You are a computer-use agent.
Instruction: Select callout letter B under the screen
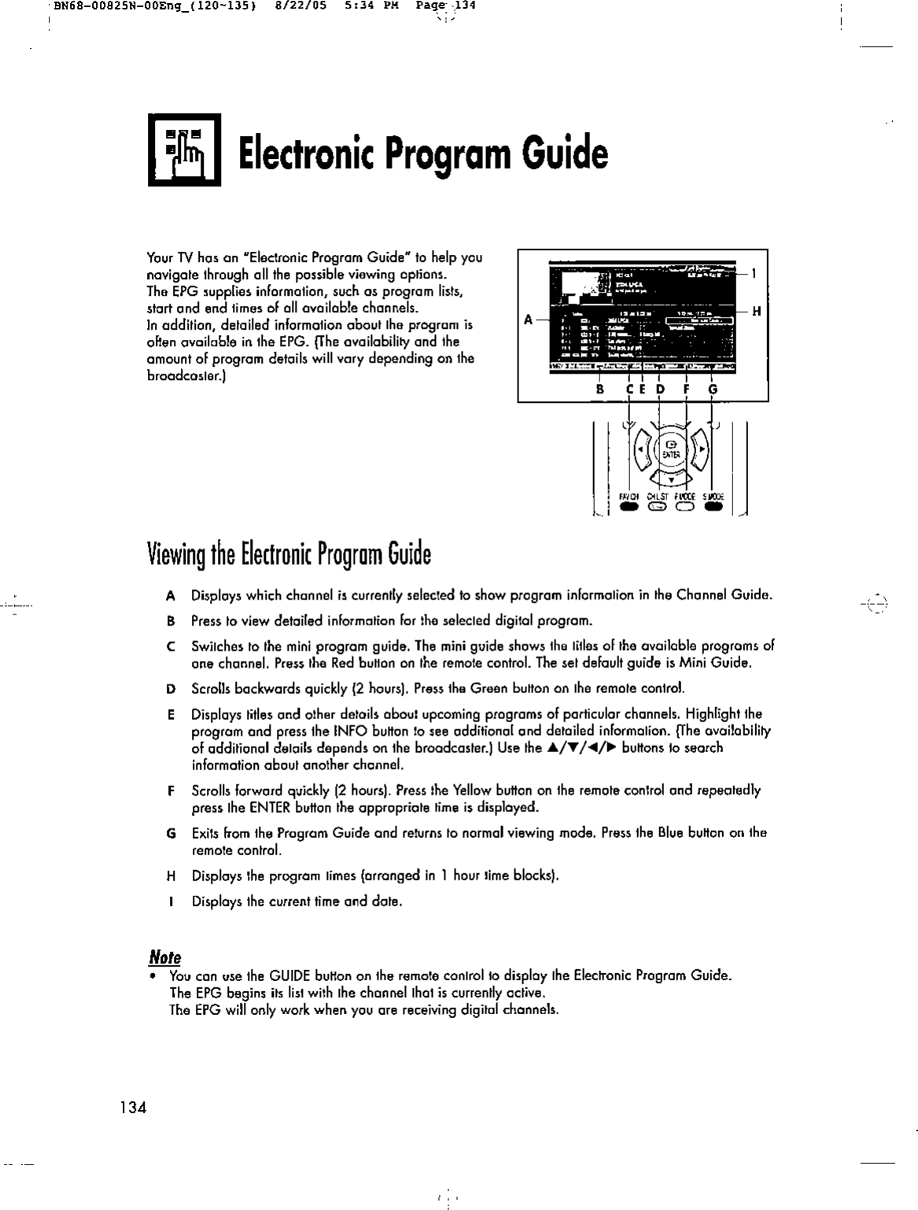click(599, 389)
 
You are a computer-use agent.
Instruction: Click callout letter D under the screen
click(660, 389)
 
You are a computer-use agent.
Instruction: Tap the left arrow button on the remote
click(641, 451)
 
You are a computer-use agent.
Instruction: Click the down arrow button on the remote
click(671, 479)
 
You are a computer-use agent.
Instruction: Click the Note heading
click(164, 957)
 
